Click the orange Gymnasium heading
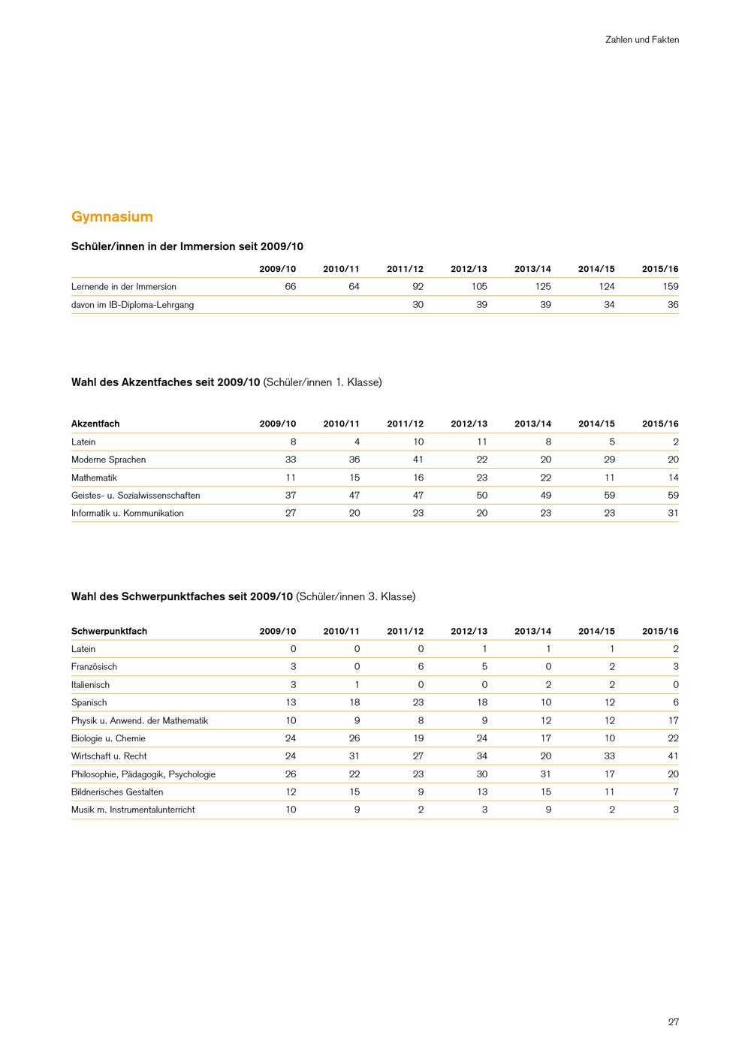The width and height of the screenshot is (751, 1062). (x=112, y=217)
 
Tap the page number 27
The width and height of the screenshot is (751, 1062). (x=673, y=1021)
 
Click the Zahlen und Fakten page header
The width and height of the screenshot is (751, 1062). (x=641, y=40)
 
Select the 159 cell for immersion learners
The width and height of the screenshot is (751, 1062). (x=671, y=286)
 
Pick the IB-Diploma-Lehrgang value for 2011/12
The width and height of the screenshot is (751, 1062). (x=418, y=304)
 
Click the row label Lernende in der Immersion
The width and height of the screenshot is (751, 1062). (x=124, y=286)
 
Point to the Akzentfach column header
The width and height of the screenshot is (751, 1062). (x=95, y=424)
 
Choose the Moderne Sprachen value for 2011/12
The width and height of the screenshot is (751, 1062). (x=418, y=460)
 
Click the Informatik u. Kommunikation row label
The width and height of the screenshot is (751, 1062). (x=128, y=513)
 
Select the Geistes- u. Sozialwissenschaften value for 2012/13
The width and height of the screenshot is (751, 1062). (x=482, y=495)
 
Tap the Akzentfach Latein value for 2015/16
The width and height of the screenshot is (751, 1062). (x=675, y=442)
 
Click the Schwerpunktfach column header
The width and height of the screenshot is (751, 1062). (x=109, y=631)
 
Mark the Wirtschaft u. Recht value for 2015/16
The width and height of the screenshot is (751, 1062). (x=673, y=756)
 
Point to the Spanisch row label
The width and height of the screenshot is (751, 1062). (x=89, y=702)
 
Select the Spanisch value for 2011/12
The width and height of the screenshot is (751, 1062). (x=418, y=702)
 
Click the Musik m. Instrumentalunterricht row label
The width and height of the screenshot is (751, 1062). (x=133, y=810)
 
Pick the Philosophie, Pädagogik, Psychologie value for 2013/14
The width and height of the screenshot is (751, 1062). (x=546, y=774)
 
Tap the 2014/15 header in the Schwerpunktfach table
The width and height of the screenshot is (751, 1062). (x=596, y=631)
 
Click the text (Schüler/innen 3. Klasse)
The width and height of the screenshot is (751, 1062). (x=356, y=596)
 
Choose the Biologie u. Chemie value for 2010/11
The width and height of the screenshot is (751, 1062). (x=354, y=738)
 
